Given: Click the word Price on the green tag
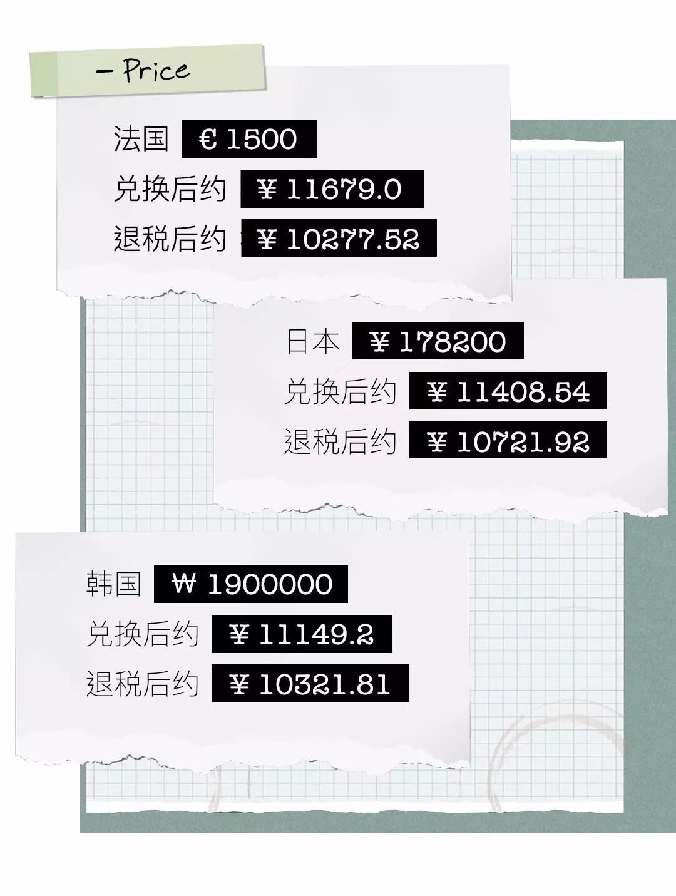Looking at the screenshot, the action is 155,70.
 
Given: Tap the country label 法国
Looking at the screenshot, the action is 141,138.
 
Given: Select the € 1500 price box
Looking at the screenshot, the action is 249,139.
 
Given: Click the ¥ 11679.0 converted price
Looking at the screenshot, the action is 332,189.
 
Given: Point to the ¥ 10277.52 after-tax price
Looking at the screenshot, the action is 339,239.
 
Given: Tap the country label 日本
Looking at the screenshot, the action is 313,342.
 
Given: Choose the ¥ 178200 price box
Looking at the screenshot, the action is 437,342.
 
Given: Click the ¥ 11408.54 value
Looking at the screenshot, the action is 508,392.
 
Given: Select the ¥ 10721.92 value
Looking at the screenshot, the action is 508,442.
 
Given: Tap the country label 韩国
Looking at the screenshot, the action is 113,584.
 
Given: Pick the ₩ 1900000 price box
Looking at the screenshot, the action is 250,584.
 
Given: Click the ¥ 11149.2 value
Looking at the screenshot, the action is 302,634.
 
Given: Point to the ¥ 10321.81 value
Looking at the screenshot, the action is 310,684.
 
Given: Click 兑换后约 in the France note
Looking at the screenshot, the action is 170,188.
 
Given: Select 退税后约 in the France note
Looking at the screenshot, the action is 170,239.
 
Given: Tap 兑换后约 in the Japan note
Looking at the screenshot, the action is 341,392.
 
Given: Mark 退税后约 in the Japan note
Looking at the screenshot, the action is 341,442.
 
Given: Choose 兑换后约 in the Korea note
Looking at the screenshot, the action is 143,634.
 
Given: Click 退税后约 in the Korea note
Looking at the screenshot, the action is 143,684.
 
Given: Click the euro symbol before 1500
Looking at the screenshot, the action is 208,139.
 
